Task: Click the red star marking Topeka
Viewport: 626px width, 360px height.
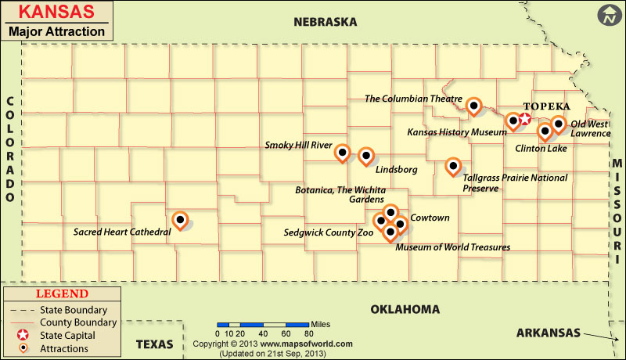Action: [x=525, y=120]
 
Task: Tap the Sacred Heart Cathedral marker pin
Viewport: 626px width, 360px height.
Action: [x=180, y=221]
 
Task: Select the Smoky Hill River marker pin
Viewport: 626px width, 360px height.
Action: [x=342, y=153]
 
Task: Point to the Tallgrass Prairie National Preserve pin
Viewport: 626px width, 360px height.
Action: [x=452, y=166]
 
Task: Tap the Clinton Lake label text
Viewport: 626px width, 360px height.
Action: [x=541, y=148]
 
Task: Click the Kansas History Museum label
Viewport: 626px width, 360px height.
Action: [x=457, y=133]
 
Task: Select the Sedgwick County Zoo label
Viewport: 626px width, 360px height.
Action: [x=328, y=232]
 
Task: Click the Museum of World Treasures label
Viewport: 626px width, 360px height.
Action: [x=452, y=247]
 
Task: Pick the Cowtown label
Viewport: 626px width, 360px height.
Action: [x=430, y=218]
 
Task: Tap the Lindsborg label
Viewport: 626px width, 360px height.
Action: [x=396, y=169]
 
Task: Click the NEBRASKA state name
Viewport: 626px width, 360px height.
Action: [x=325, y=23]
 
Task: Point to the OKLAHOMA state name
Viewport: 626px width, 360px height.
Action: [x=405, y=309]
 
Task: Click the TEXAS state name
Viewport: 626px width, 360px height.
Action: [x=154, y=344]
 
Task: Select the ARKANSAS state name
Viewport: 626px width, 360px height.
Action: [x=548, y=333]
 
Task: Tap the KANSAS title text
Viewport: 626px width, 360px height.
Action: [x=54, y=13]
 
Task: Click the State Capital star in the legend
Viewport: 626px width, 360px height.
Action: [x=25, y=335]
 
